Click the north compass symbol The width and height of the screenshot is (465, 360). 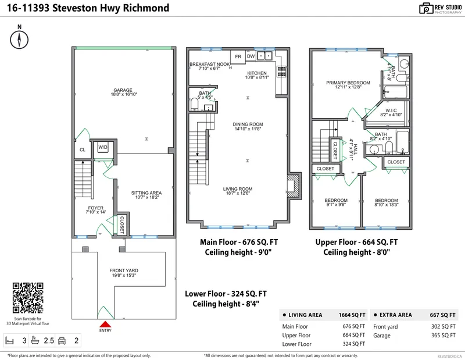click(x=20, y=40)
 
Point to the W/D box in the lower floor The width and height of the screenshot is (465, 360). click(x=103, y=147)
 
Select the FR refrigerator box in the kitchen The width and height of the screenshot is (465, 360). click(x=238, y=56)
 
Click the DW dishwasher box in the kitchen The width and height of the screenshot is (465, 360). click(x=251, y=56)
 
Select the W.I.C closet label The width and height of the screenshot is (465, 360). click(x=391, y=112)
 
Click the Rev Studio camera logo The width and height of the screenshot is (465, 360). click(x=427, y=8)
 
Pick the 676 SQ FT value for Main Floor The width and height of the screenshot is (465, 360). click(x=354, y=326)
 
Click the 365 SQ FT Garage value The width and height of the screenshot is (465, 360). click(x=446, y=336)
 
